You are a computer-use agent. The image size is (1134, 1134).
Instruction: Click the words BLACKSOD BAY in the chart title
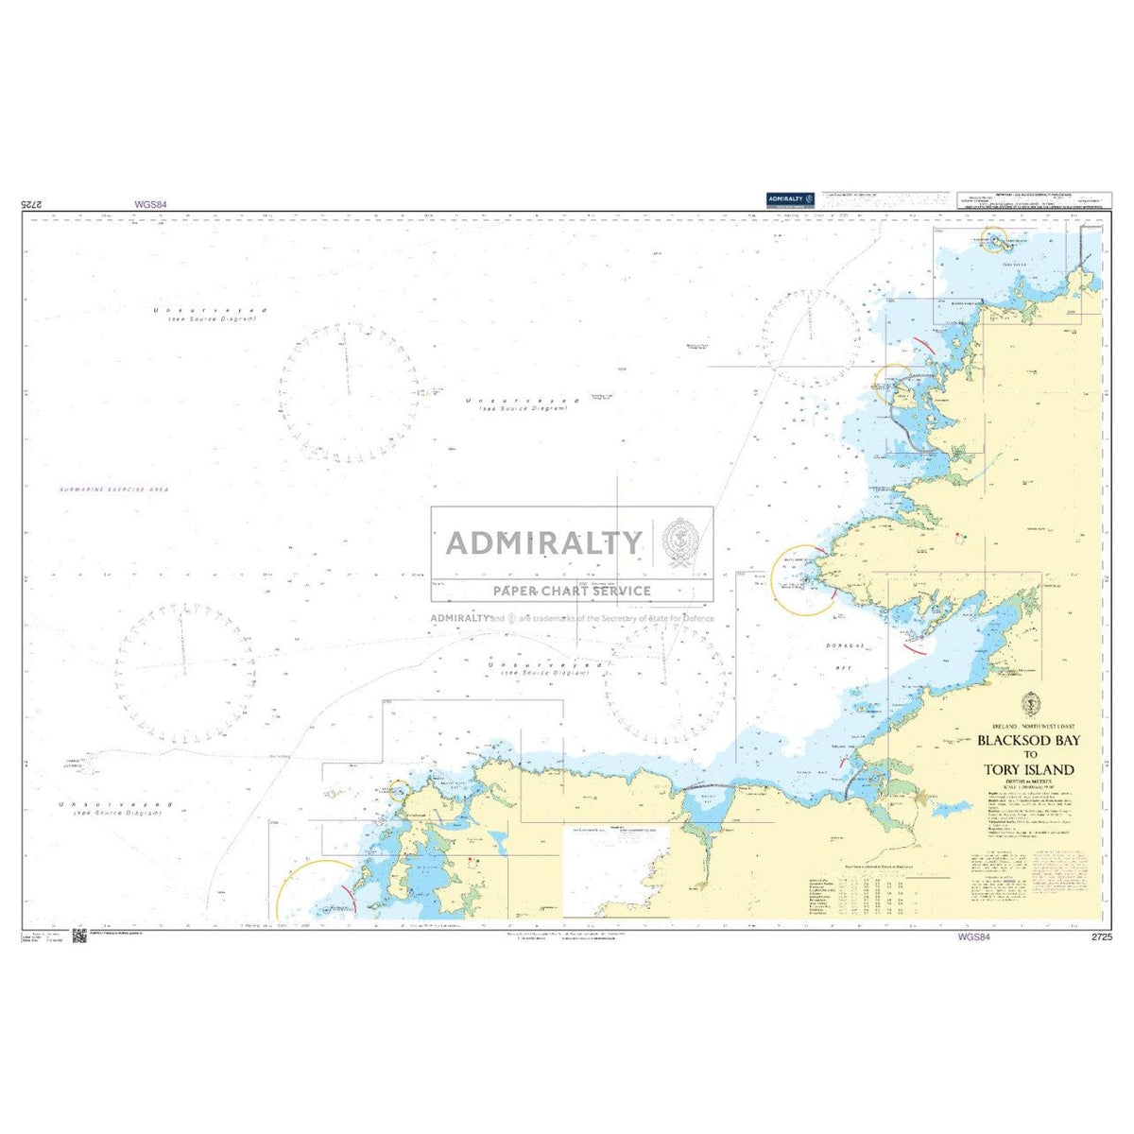coord(1025,741)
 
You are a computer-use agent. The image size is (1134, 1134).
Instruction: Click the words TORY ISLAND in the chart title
coord(1027,769)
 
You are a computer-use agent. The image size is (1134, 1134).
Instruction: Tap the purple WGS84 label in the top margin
coord(150,203)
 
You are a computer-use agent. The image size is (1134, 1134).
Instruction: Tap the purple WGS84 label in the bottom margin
coord(972,937)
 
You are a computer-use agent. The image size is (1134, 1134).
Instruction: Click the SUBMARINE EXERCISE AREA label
coord(100,489)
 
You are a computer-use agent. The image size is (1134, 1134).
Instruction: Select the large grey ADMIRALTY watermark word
coord(543,542)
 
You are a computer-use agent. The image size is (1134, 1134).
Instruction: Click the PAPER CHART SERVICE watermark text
coord(573,591)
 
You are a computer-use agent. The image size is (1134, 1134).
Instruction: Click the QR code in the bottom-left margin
coord(79,936)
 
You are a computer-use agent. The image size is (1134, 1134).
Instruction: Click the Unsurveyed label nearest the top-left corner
coord(210,311)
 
